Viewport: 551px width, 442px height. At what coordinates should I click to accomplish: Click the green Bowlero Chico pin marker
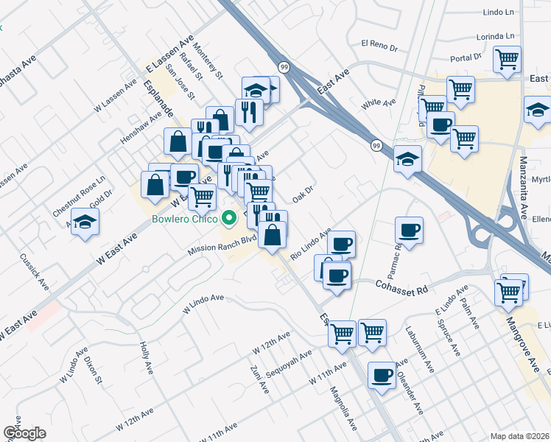coord(229,219)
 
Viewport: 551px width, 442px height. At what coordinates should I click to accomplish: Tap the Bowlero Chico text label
coord(185,219)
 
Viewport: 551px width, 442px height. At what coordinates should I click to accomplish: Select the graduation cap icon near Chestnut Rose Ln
coord(85,221)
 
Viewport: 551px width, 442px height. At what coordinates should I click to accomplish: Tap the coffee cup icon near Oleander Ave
coord(381,375)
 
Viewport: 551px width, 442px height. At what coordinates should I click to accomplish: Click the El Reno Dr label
coord(379,46)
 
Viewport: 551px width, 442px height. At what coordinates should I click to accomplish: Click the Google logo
coord(24,432)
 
